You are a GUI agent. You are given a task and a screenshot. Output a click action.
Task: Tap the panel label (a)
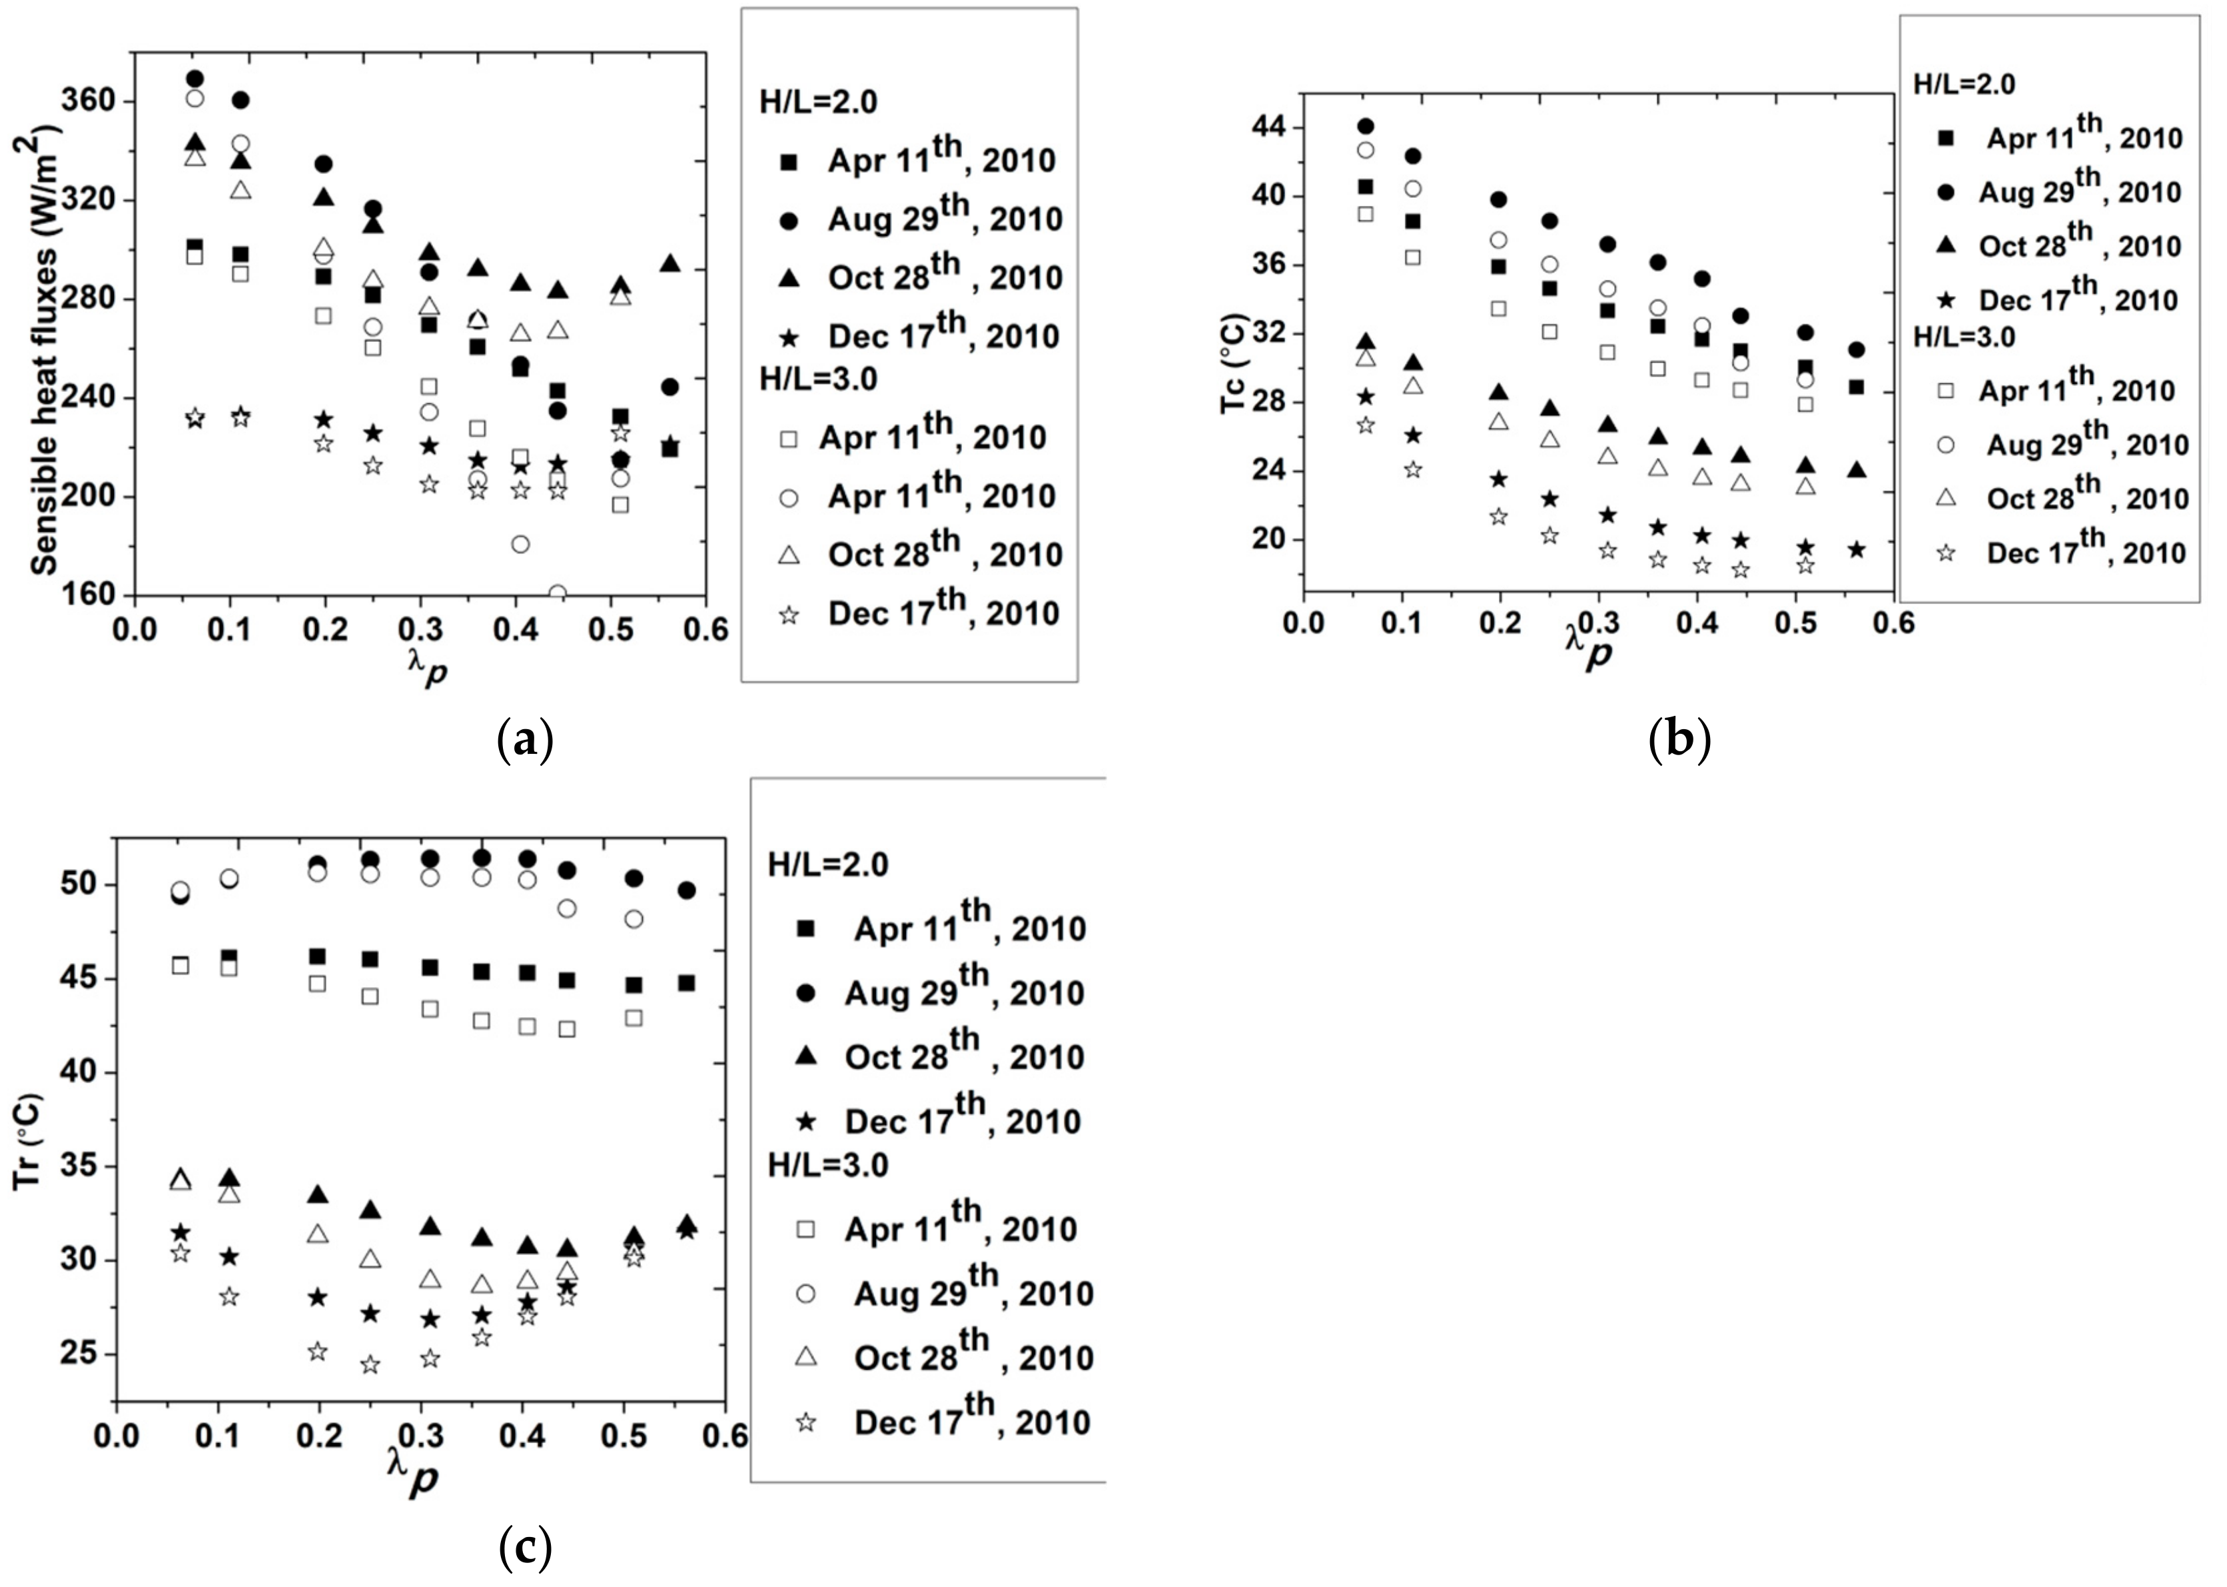point(526,741)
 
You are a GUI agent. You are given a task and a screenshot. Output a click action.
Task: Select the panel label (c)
point(526,1547)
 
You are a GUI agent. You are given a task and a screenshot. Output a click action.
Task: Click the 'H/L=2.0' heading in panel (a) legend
point(819,101)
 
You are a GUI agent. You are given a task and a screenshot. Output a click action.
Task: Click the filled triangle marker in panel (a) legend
point(788,279)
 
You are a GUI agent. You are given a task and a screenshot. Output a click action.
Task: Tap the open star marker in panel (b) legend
point(1946,553)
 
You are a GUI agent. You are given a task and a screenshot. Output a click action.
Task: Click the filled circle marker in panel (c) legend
point(806,993)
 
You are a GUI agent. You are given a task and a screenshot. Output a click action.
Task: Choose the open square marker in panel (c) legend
point(806,1229)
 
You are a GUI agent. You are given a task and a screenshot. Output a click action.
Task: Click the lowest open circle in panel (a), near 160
point(557,593)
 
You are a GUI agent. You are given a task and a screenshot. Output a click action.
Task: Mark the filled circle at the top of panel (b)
point(1366,126)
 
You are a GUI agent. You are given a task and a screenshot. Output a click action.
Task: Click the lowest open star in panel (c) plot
point(370,1364)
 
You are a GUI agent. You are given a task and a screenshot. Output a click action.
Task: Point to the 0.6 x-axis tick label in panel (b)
point(1894,623)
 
